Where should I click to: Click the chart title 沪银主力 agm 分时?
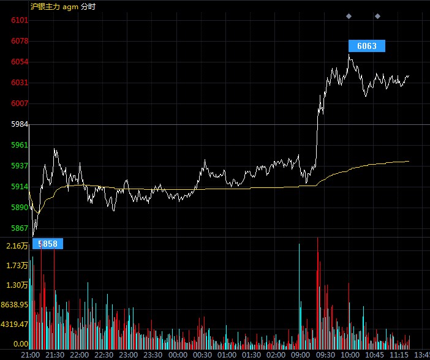point(63,7)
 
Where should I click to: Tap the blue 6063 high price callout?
point(367,46)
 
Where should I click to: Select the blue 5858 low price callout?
point(48,244)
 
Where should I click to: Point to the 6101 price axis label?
point(20,20)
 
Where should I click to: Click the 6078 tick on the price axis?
point(20,41)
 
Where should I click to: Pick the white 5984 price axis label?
point(20,124)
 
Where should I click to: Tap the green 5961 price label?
point(20,144)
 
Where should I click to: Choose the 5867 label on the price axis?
point(20,228)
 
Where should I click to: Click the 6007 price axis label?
point(20,103)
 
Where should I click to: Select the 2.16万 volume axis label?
point(17,246)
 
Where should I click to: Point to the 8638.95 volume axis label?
point(15,305)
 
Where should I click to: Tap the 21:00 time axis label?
point(31,355)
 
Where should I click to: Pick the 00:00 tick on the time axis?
point(178,355)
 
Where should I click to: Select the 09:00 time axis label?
point(301,355)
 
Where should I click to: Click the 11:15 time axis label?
point(399,355)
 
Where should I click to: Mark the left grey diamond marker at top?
point(349,16)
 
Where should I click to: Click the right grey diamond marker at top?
point(377,16)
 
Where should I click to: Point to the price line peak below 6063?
point(349,54)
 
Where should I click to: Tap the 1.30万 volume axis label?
point(17,285)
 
